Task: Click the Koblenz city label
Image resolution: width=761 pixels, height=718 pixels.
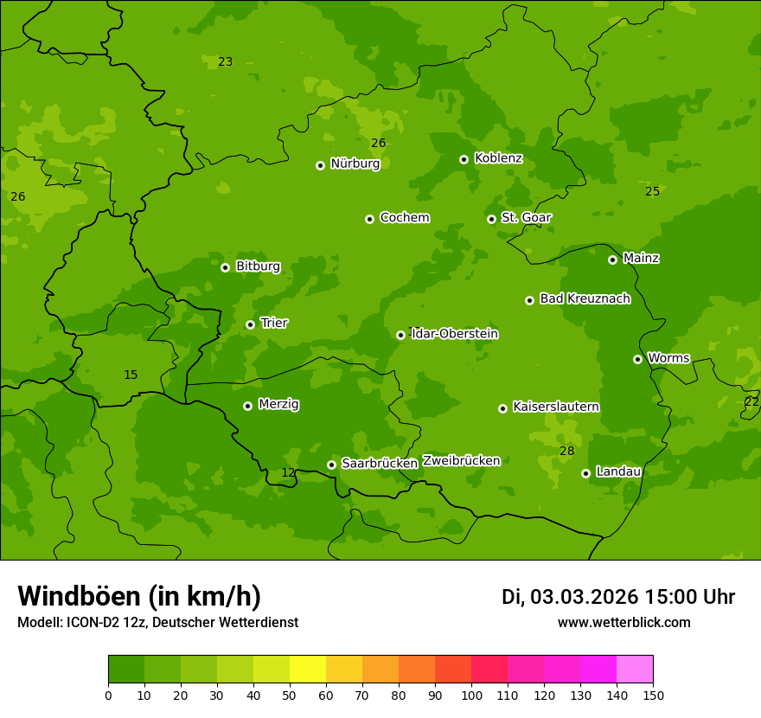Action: [x=498, y=158]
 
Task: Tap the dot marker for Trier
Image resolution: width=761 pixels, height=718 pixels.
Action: [x=250, y=324]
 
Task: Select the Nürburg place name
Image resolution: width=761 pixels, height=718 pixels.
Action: [x=355, y=163]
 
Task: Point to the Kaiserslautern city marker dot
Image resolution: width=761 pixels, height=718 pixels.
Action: [x=502, y=408]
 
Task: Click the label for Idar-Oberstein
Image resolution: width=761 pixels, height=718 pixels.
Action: [x=455, y=334]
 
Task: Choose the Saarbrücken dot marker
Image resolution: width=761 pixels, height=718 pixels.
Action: [x=331, y=465]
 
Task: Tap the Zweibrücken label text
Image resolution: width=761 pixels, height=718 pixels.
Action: [x=461, y=461]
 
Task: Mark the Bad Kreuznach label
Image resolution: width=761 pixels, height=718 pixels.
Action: [x=585, y=298]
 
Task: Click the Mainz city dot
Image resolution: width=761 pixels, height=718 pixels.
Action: [x=612, y=260]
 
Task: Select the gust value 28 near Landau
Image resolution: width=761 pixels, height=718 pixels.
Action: [x=566, y=452]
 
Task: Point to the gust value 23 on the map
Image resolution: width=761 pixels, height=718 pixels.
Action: [x=225, y=61]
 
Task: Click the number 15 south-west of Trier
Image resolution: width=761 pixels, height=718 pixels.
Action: [x=131, y=375]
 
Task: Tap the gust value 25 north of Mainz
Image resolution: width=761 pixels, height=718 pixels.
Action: [x=652, y=191]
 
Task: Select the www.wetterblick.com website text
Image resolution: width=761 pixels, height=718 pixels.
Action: [x=624, y=623]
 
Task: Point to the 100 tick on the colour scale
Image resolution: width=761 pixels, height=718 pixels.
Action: [x=471, y=695]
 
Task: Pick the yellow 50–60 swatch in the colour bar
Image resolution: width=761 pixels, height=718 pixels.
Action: [x=308, y=670]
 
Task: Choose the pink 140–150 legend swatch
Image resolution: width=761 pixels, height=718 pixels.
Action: [x=635, y=670]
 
